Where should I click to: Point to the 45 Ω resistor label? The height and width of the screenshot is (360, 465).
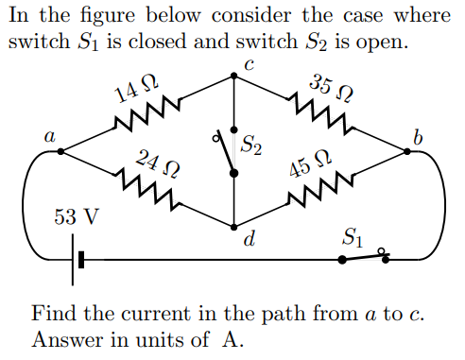[310, 163]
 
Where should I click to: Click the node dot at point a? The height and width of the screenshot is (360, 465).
[60, 150]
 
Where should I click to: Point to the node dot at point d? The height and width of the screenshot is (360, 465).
[233, 225]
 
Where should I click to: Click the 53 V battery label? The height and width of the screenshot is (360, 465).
[76, 216]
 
